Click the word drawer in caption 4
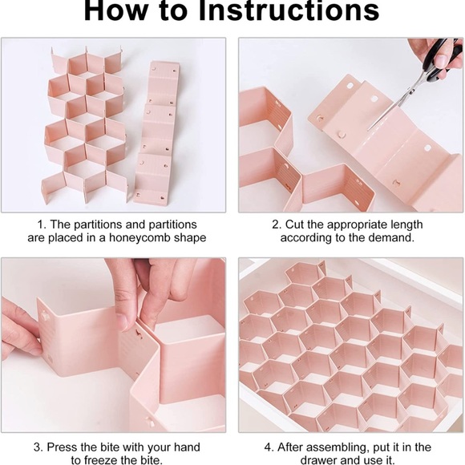click(x=319, y=460)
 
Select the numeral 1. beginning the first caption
click(x=42, y=224)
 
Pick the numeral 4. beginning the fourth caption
click(x=269, y=447)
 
